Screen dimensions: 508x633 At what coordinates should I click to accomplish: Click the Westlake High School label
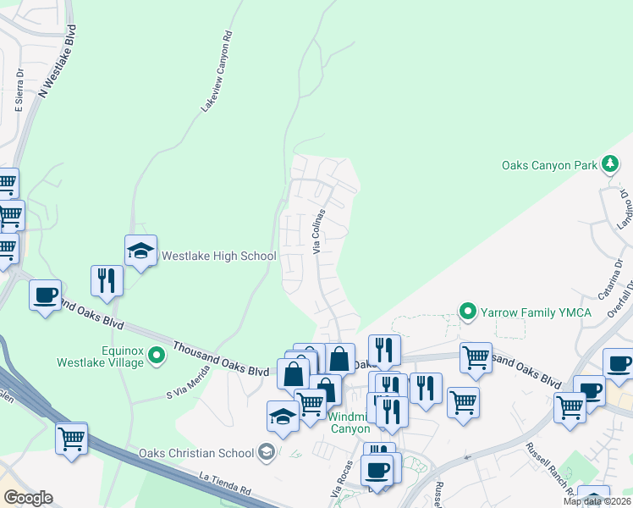tap(218, 256)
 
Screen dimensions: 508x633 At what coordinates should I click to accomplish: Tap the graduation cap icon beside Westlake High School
tap(140, 251)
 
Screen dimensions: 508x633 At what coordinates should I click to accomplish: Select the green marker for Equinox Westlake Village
tap(157, 355)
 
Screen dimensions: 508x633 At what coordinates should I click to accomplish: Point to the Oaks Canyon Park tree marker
tap(609, 163)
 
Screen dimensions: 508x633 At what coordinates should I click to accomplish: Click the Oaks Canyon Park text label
tap(550, 165)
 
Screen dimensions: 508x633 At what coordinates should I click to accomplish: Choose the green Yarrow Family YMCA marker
tap(466, 312)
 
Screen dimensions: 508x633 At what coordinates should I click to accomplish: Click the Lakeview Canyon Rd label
tap(216, 73)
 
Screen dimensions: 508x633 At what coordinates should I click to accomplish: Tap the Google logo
tap(27, 498)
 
